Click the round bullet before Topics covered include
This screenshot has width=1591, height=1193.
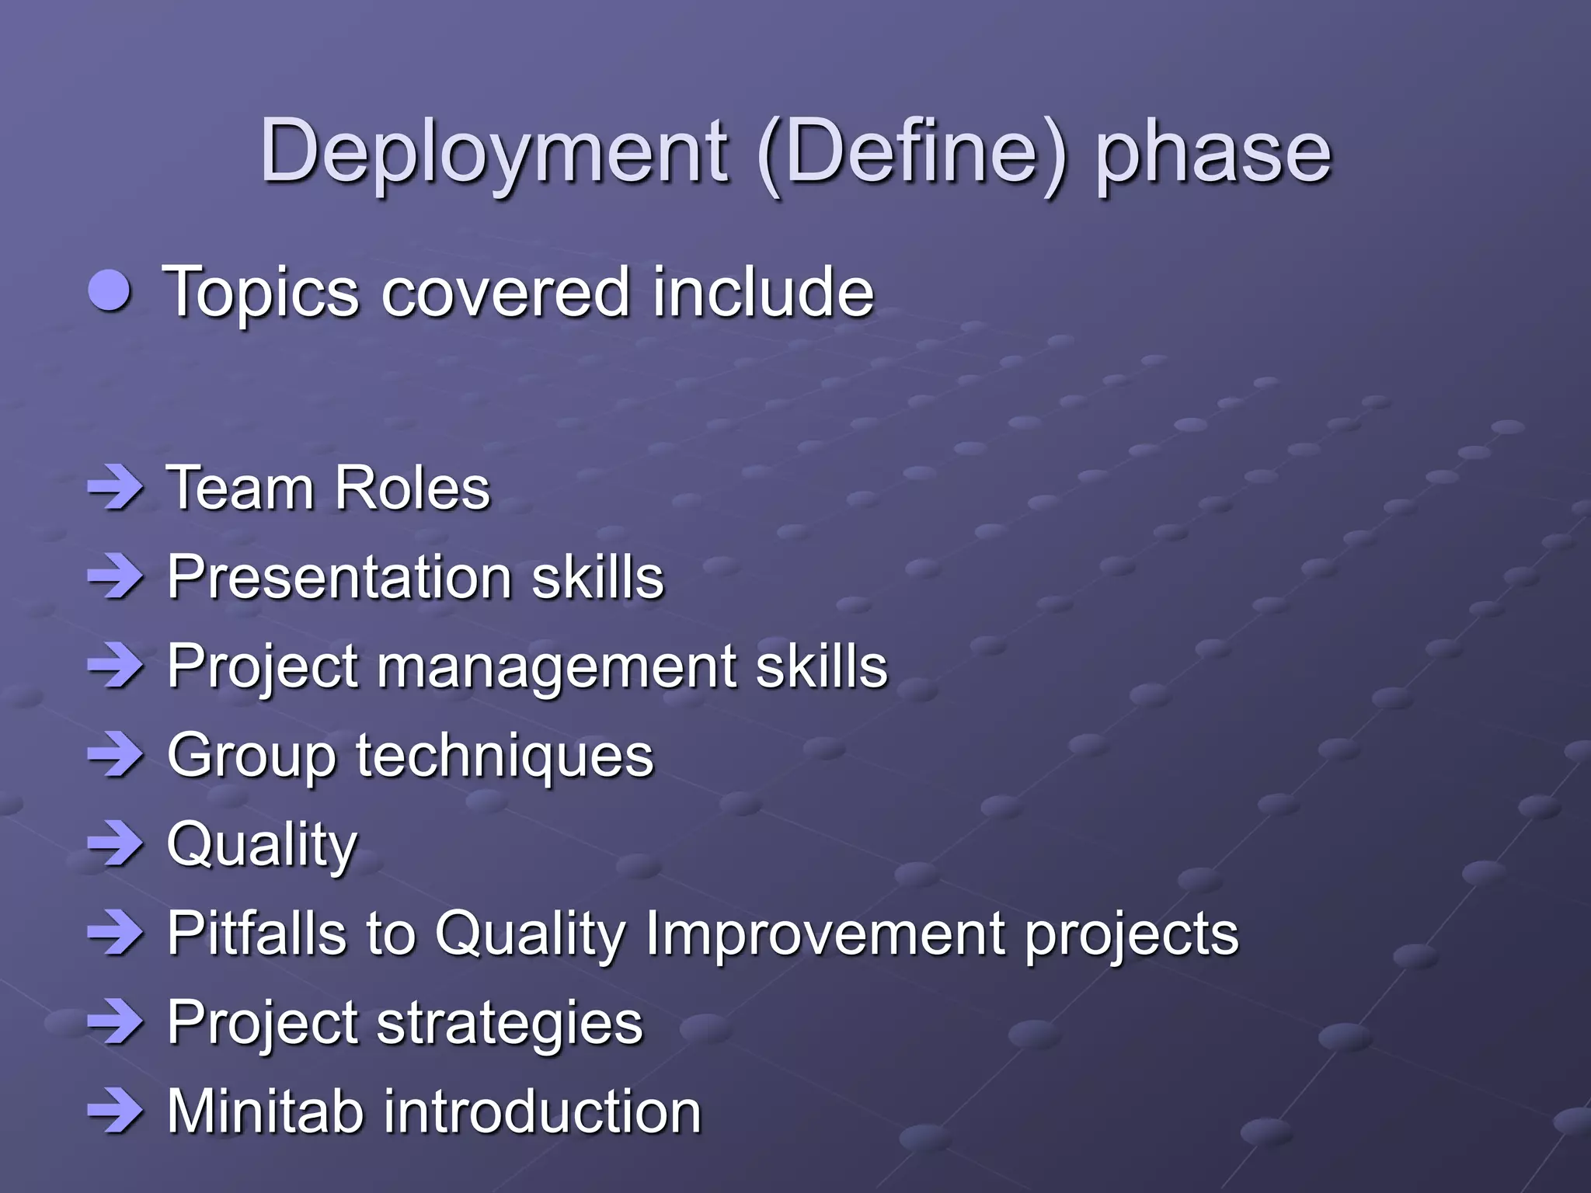(110, 290)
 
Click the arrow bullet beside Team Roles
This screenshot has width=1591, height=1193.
(116, 489)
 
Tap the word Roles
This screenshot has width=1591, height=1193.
(412, 489)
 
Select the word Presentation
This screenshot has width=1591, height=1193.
(339, 577)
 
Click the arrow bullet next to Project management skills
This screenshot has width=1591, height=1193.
(116, 666)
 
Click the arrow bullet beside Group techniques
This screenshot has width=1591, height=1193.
(116, 754)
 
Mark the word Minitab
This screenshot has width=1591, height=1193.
(265, 1111)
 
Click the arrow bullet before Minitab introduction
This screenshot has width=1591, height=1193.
(116, 1111)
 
